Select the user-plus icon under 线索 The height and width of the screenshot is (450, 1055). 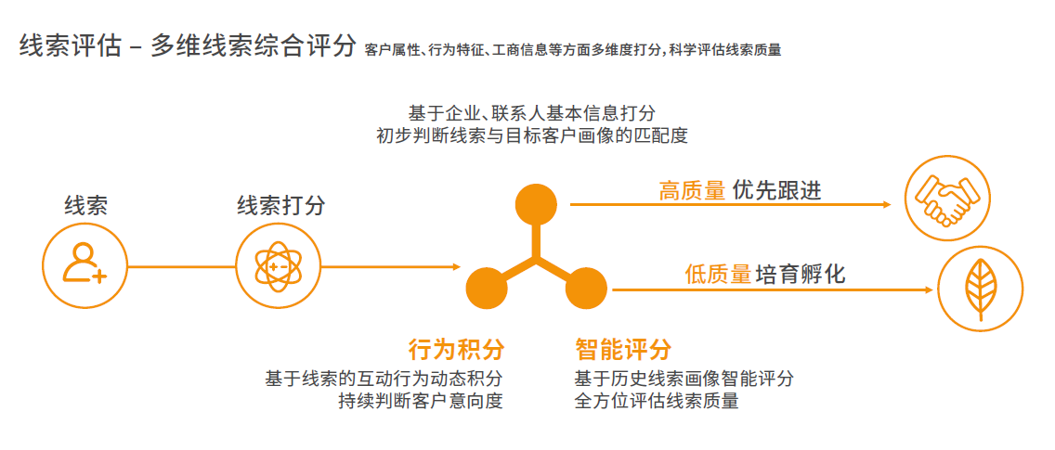pyautogui.click(x=85, y=266)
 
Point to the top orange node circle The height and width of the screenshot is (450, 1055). pyautogui.click(x=536, y=203)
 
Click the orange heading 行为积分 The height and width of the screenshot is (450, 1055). pyautogui.click(x=456, y=350)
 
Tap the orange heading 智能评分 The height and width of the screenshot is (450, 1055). pyautogui.click(x=622, y=350)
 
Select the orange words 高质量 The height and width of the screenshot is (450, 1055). pyautogui.click(x=692, y=191)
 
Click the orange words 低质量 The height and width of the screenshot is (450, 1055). pyautogui.click(x=718, y=275)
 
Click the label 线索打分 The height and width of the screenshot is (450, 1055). pyautogui.click(x=281, y=205)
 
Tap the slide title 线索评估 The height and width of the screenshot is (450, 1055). pyautogui.click(x=70, y=47)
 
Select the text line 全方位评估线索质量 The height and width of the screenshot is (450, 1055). pyautogui.click(x=657, y=402)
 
